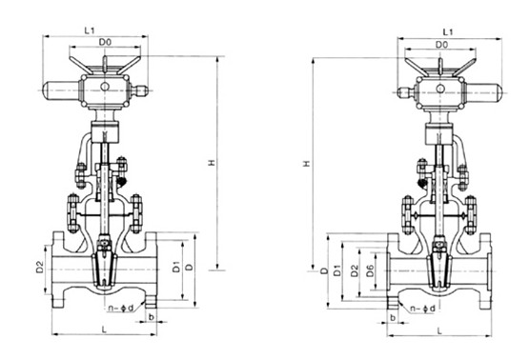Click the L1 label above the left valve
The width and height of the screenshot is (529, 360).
(90, 30)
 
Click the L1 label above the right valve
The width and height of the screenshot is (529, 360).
(448, 32)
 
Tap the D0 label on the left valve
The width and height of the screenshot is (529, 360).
(105, 43)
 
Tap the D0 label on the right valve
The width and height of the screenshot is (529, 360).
(441, 45)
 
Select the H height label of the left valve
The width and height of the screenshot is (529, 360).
(212, 163)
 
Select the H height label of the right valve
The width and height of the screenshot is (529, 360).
(307, 164)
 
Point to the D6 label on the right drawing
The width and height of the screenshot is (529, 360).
(370, 270)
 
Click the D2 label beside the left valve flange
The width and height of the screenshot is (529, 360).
(40, 268)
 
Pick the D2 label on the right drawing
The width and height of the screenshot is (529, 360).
(355, 270)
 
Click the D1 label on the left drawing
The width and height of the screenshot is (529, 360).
(176, 267)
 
